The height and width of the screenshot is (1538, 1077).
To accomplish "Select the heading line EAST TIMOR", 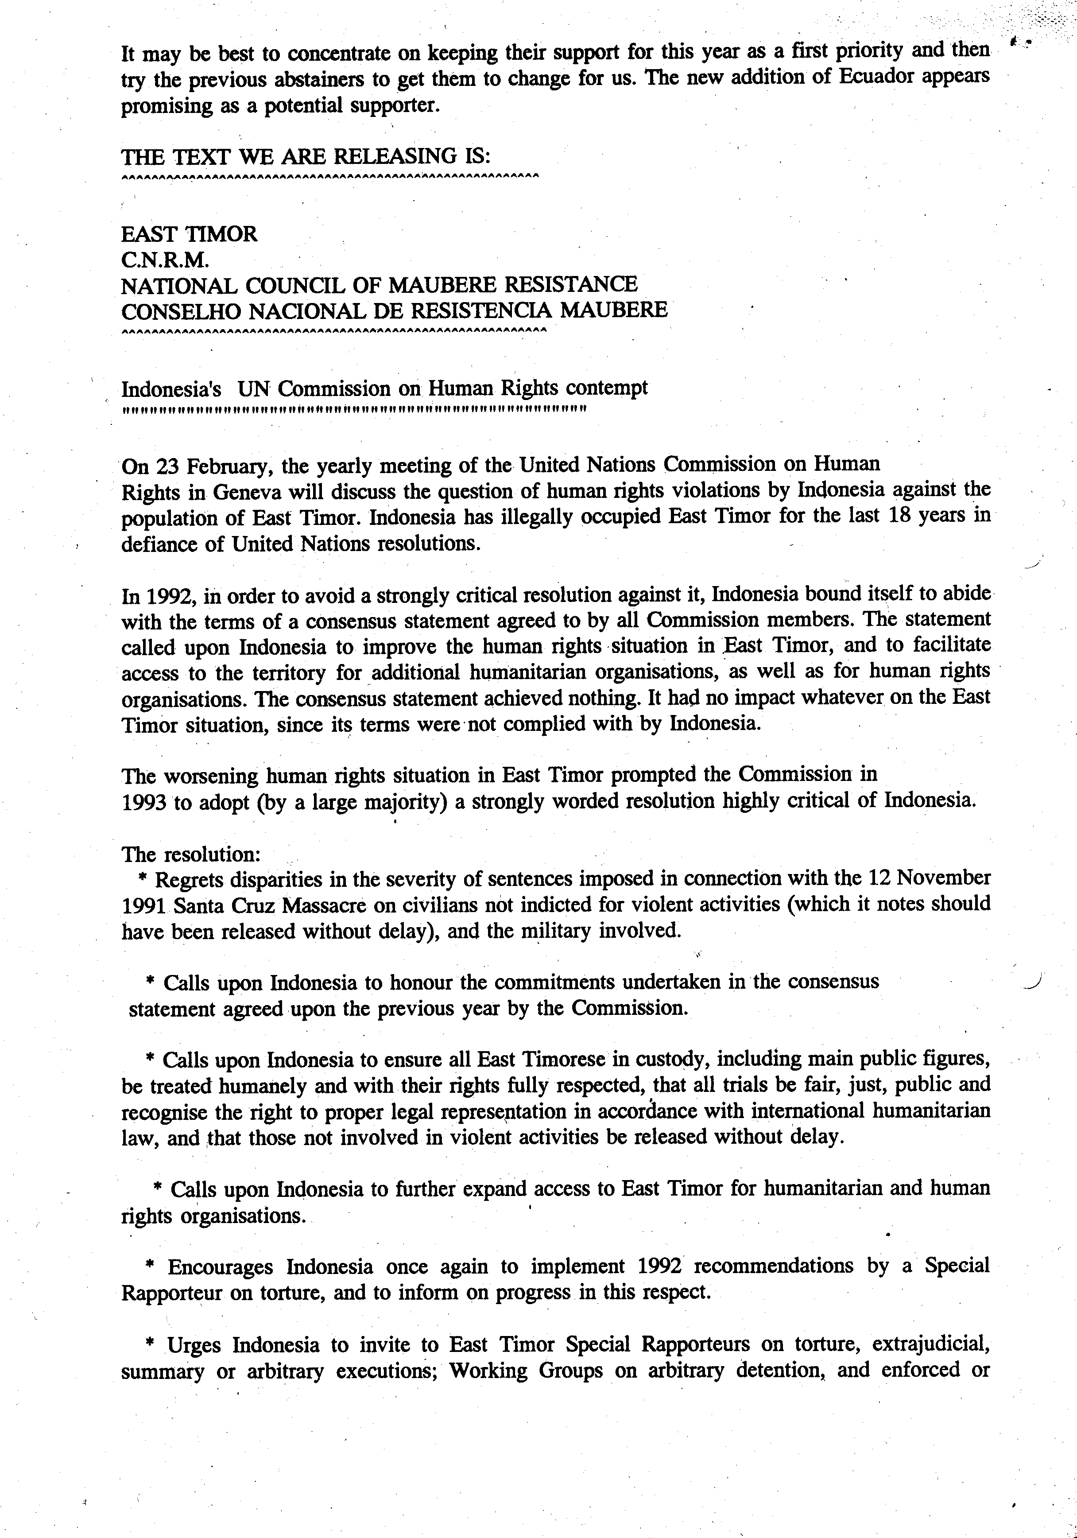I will pos(189,234).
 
